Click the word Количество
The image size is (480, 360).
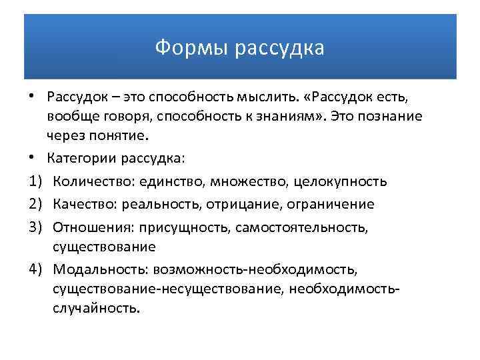tap(88, 181)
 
